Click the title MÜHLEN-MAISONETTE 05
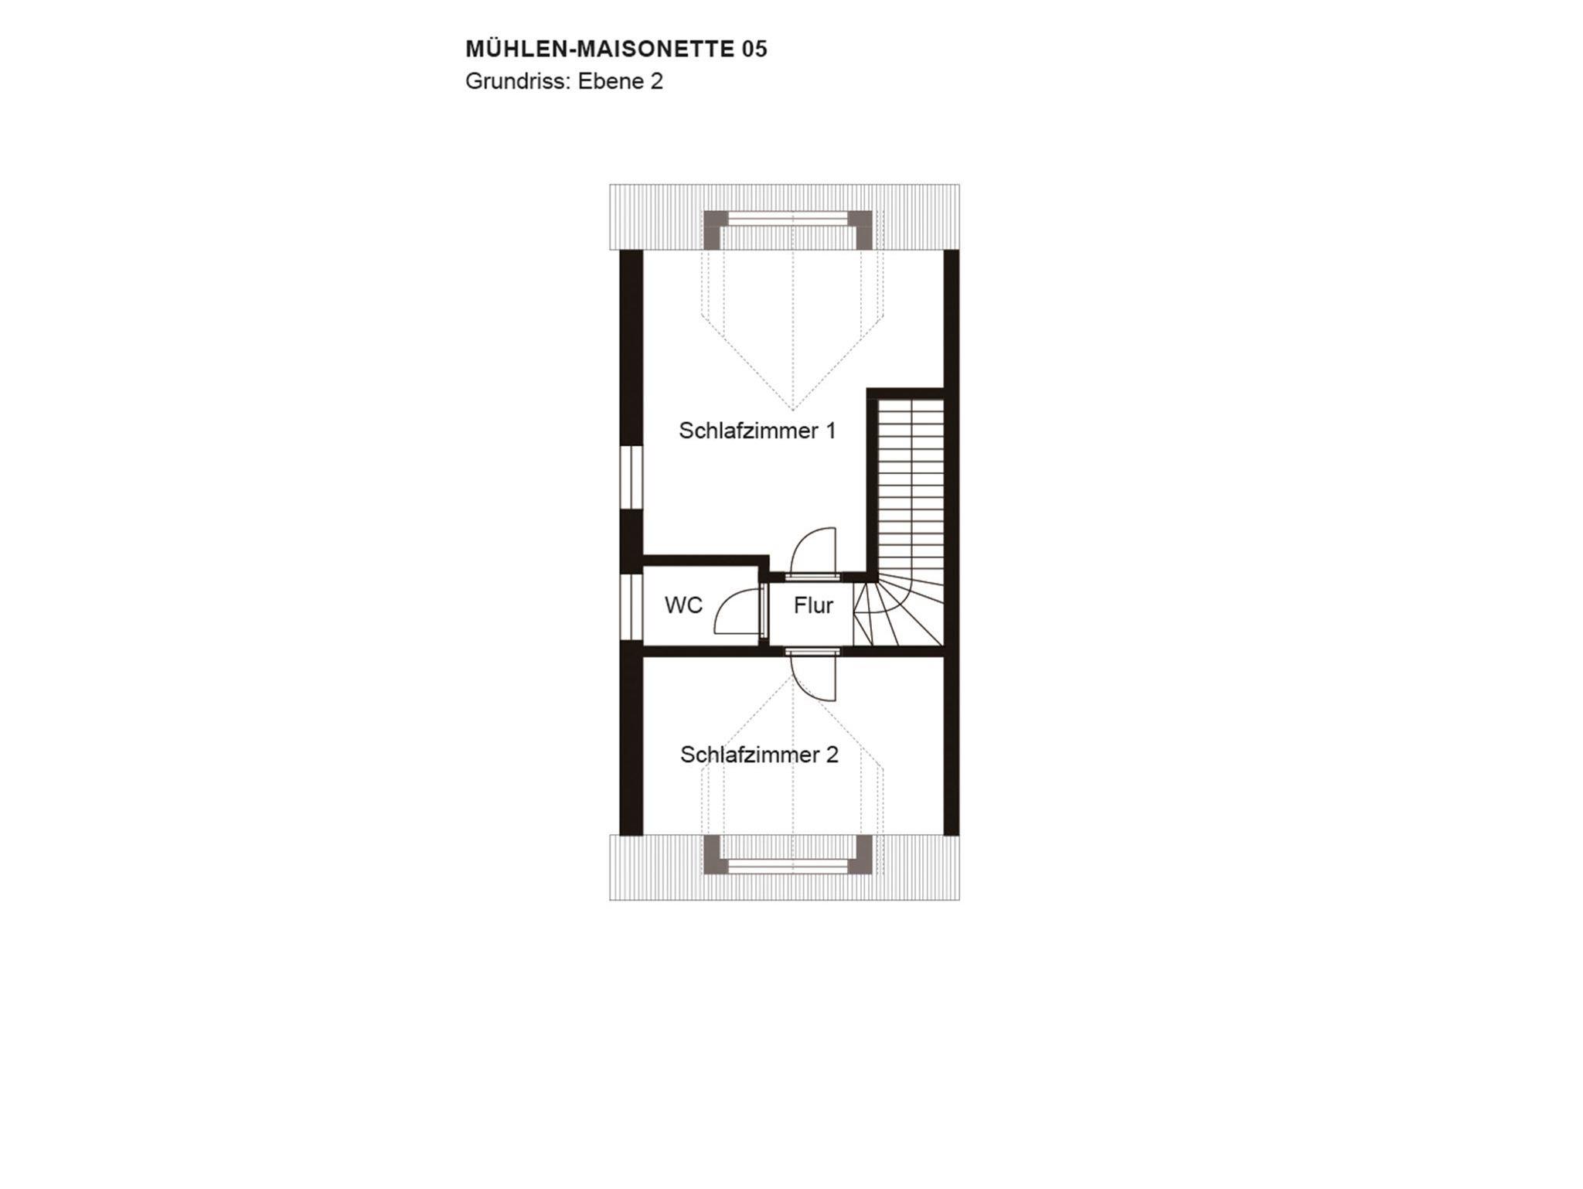(616, 49)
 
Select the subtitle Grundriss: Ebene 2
(564, 81)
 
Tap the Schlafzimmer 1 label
(757, 431)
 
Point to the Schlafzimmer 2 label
(759, 755)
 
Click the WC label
(684, 605)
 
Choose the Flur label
(813, 605)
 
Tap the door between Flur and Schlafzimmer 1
(812, 552)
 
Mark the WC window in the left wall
(631, 607)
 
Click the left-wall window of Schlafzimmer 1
(631, 477)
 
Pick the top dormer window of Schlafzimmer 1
(788, 220)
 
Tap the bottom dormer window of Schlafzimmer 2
(788, 867)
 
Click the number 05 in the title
(754, 49)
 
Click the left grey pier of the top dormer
(713, 229)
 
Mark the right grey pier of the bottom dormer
(861, 854)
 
